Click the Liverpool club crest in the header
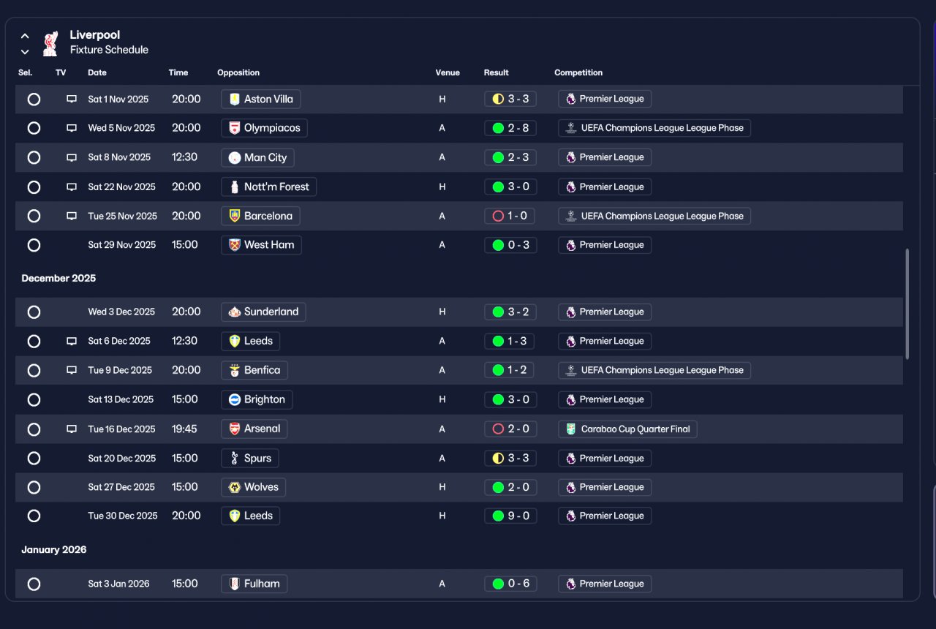click(50, 43)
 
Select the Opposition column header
click(238, 72)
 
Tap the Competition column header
click(578, 72)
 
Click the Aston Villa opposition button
click(261, 99)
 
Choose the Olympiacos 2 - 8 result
click(510, 128)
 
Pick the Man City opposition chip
click(257, 157)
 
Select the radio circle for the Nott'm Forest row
click(34, 187)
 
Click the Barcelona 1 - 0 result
click(510, 216)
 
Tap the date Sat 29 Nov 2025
click(121, 245)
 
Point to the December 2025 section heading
click(58, 279)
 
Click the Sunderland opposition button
click(263, 312)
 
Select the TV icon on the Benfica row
click(72, 370)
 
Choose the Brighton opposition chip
click(257, 399)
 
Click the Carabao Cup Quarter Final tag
click(627, 429)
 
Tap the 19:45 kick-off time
click(184, 429)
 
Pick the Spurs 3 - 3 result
click(510, 459)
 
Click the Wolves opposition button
click(253, 487)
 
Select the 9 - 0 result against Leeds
click(510, 516)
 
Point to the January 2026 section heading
click(54, 549)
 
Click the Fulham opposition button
click(254, 584)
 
